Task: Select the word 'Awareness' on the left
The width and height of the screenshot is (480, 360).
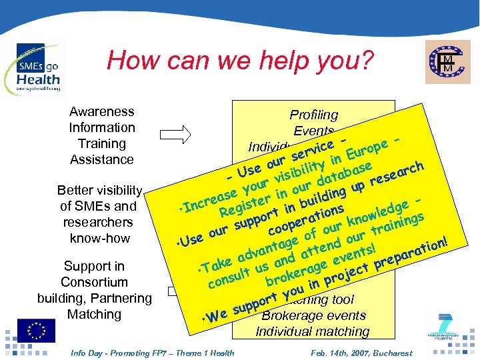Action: (x=101, y=111)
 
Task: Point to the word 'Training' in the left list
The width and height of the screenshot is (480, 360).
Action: (x=101, y=143)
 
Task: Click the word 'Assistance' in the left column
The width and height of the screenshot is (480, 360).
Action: (x=101, y=159)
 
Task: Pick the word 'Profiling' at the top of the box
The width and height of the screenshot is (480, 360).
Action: (x=313, y=115)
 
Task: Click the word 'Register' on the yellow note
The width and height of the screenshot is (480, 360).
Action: (x=243, y=205)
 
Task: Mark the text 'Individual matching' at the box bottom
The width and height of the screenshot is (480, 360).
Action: (x=313, y=331)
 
